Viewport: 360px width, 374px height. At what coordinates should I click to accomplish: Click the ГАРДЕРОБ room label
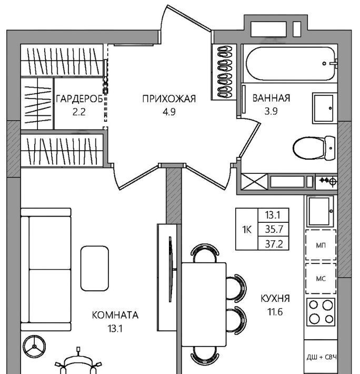point(79,99)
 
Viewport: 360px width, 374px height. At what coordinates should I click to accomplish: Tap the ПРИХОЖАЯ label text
point(169,99)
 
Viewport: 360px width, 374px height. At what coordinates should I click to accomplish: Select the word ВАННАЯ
point(271,98)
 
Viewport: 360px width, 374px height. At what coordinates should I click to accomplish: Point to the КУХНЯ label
point(275,298)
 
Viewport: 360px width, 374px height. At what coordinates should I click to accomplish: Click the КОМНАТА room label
point(115,315)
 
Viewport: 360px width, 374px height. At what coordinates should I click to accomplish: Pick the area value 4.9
point(169,112)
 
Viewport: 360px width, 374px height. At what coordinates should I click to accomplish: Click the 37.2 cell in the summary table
point(274,244)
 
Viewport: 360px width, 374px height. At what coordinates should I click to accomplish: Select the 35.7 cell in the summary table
point(274,230)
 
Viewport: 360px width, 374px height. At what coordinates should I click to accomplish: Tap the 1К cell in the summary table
point(247,230)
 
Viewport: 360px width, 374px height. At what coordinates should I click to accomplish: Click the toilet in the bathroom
point(314,148)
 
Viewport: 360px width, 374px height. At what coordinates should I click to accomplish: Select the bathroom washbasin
point(323,108)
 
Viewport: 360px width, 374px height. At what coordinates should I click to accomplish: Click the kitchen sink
point(320,211)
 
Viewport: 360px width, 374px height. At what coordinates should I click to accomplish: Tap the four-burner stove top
point(321,312)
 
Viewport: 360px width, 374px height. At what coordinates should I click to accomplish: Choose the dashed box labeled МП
point(321,245)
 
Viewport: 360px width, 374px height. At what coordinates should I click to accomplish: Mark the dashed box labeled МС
point(321,279)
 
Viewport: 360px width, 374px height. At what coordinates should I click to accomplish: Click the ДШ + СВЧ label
point(322,357)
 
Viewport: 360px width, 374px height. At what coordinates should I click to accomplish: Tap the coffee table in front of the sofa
point(95,268)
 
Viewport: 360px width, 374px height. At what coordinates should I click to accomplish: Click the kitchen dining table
point(204,304)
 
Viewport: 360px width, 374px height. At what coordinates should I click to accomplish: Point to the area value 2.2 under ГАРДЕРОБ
point(79,112)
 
